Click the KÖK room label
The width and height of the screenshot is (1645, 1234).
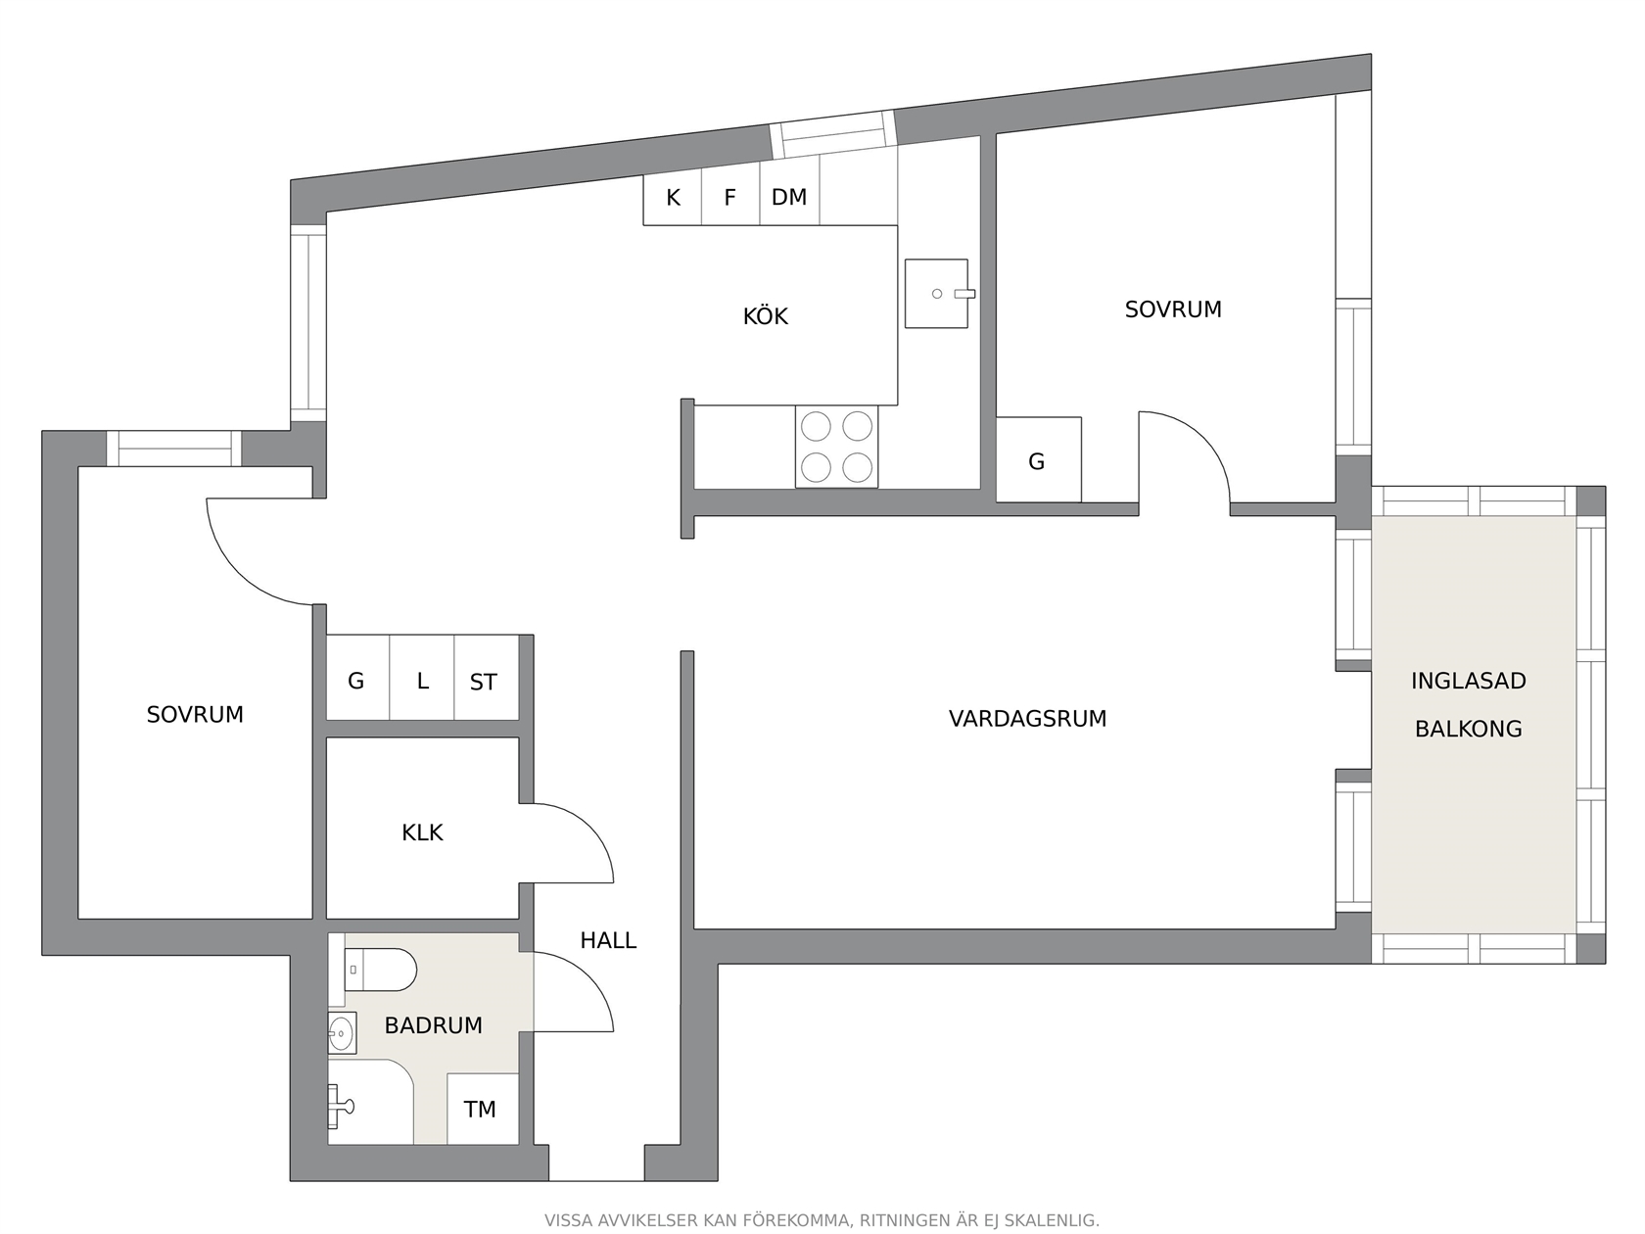pos(765,316)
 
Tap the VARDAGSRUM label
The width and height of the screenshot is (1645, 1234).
pos(1027,719)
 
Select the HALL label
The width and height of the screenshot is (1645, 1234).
pos(608,940)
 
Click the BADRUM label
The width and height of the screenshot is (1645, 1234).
pos(433,1025)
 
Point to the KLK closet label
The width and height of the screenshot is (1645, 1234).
pos(422,832)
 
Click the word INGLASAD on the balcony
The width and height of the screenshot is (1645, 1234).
pos(1468,681)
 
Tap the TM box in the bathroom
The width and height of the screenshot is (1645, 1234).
pos(483,1109)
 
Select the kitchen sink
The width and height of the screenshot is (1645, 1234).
pos(937,294)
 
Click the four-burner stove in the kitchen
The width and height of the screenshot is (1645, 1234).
pos(836,448)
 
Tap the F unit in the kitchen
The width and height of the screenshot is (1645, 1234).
pos(730,196)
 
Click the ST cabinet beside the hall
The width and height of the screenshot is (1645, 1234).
pos(487,678)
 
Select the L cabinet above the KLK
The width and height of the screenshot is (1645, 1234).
pos(422,678)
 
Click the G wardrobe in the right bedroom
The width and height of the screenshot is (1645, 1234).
pos(1038,459)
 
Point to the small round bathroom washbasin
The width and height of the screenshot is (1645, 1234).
pos(341,1034)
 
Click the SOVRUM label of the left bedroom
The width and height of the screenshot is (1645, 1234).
pos(195,715)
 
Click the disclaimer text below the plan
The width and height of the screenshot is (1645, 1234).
pos(822,1220)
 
